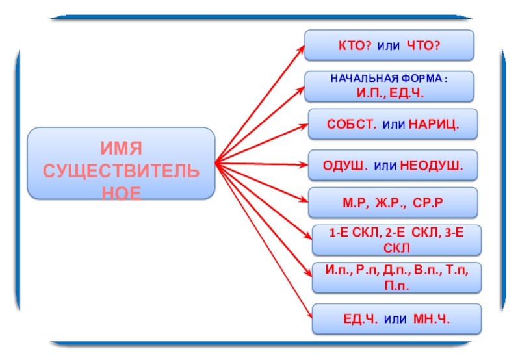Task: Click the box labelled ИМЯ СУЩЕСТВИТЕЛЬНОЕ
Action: point(122,163)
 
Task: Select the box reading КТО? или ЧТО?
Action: point(389,45)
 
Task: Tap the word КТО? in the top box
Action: point(354,45)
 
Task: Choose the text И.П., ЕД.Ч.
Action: point(389,94)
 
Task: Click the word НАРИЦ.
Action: point(434,124)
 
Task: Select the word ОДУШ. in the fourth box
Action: point(345,165)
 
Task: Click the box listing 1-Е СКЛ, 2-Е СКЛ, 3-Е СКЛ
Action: point(396,240)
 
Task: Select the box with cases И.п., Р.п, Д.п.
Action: point(396,277)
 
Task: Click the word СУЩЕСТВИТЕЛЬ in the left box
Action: point(122,174)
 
